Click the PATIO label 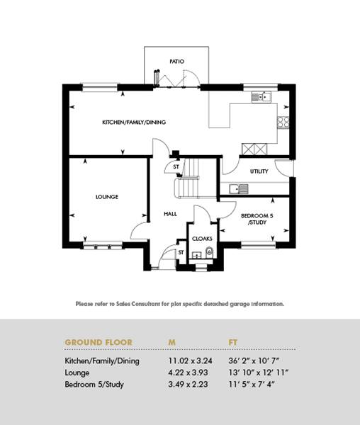coord(176,62)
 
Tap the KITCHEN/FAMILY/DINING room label coord(134,123)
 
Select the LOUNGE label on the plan coord(107,196)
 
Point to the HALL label coord(170,214)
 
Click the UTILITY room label coord(259,171)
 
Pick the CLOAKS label coord(202,239)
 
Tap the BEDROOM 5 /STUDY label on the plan coord(257,219)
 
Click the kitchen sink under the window coord(261,96)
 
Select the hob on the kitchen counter coord(283,123)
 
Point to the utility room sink coord(239,189)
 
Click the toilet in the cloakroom coord(210,252)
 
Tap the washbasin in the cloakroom coord(196,255)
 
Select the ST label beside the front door coord(181,253)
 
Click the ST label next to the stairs coord(176,166)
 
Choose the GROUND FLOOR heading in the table coord(99,342)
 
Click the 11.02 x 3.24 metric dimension coord(190,361)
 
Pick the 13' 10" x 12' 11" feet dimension coord(258,373)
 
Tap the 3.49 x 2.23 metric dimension coord(188,385)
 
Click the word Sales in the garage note coord(123,304)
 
